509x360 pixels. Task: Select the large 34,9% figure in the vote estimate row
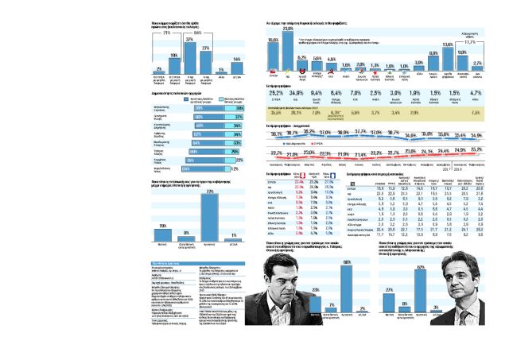(301, 93)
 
